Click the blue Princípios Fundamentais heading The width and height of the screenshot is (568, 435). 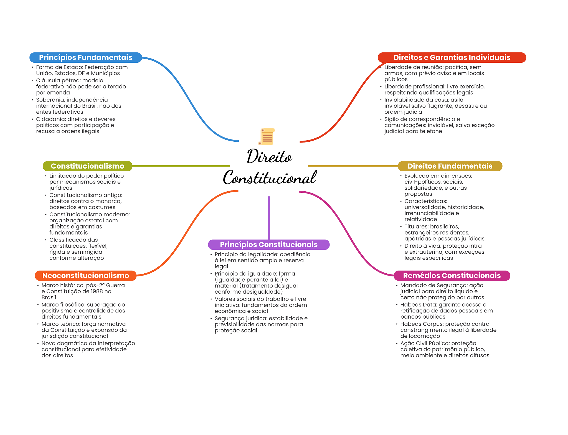click(85, 57)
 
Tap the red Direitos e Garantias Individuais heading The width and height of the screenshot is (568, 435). click(452, 57)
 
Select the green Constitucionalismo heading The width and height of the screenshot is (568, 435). click(87, 166)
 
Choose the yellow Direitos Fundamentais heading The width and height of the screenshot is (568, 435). click(450, 166)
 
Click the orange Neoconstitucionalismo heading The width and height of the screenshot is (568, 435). click(85, 276)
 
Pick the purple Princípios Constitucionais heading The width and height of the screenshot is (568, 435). click(268, 245)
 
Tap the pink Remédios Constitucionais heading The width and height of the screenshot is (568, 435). click(452, 276)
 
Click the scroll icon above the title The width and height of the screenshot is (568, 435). click(267, 137)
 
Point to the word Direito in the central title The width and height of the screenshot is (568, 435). click(269, 157)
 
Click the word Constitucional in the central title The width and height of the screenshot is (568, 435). click(270, 178)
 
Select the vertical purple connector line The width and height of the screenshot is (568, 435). click(269, 218)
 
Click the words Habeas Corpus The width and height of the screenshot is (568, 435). click(417, 324)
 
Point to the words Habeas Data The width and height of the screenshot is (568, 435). click(415, 305)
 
